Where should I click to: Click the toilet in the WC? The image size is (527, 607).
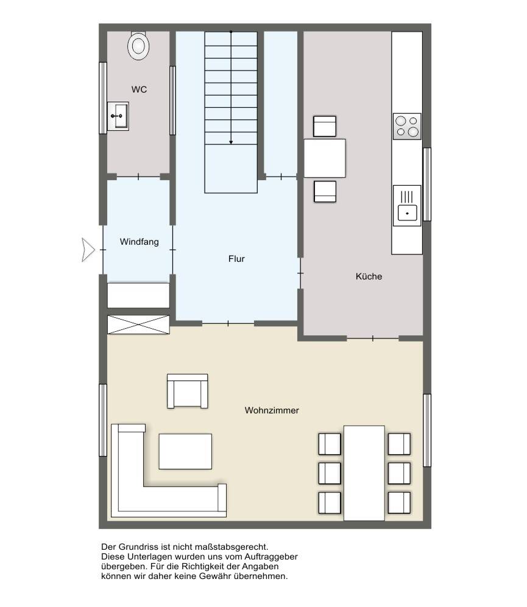point(138,45)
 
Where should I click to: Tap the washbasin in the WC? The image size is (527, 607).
point(118,116)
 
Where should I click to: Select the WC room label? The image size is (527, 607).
point(139,89)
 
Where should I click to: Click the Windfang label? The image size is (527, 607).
point(139,242)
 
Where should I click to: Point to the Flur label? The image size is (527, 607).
point(236,259)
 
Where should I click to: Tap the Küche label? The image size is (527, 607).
point(369,276)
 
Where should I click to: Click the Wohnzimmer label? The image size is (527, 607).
point(272,410)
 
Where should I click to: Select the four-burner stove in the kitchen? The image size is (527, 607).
point(407,126)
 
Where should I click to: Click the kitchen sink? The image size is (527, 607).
point(407,206)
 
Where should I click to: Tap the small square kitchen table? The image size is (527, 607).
point(325,158)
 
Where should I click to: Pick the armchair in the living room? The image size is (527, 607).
point(187,391)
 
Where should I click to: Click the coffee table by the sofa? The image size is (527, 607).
point(185,451)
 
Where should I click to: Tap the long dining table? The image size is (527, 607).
point(364,473)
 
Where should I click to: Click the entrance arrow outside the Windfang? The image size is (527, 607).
point(88,250)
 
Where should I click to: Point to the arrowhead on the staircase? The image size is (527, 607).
point(231,142)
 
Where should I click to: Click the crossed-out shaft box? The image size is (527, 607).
point(138,325)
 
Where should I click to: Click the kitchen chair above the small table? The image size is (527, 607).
point(325,126)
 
